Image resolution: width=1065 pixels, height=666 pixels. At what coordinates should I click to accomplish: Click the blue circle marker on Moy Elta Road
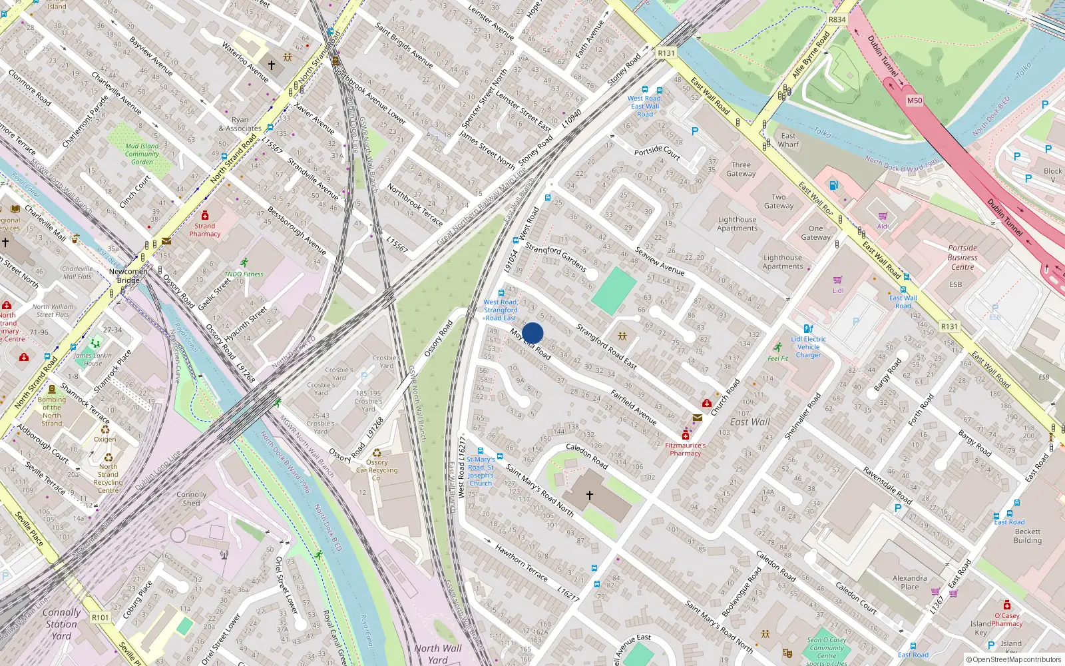point(532,333)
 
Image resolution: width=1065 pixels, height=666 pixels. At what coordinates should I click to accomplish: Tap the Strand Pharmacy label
point(204,230)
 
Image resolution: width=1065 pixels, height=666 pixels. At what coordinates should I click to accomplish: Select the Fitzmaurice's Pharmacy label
point(685,449)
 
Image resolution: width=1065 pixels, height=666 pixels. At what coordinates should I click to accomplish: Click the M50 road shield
point(915,101)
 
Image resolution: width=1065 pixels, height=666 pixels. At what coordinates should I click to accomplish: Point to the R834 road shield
point(837,20)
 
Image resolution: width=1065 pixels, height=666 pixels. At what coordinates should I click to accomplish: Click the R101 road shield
point(100,617)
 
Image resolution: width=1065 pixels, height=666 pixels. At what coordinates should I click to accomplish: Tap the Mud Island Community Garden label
point(142,154)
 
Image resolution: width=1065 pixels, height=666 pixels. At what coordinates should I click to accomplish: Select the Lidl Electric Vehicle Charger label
point(808,347)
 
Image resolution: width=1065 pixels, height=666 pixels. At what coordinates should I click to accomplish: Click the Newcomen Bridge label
point(128,276)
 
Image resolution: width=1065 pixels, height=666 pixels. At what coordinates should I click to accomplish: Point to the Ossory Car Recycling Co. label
point(377,470)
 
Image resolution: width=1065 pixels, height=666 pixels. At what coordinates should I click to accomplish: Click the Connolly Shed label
point(191,499)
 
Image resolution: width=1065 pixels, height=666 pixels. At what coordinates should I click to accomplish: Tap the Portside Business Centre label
point(962,257)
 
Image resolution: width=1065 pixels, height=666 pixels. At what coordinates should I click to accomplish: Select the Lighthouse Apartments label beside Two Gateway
point(737,224)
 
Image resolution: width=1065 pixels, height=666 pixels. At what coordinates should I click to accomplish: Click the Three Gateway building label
point(741,169)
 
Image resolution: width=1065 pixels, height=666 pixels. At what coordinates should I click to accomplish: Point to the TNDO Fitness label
point(244,274)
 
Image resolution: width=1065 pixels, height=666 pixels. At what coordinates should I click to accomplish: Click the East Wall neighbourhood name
point(749,422)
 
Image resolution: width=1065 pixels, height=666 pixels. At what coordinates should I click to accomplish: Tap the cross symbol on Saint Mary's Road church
point(589,496)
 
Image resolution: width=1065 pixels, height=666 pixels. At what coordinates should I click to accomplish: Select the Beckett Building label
point(1027,536)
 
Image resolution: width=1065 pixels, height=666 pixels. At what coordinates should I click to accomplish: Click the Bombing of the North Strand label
point(52,412)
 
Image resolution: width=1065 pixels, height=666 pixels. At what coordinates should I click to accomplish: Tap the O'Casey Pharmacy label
point(1006,619)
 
